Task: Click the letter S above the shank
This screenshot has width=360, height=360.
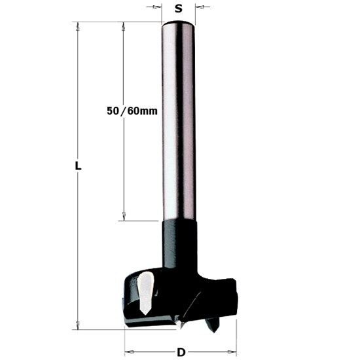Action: click(178, 9)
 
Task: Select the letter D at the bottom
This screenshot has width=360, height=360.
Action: click(181, 352)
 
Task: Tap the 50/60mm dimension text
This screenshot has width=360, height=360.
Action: click(132, 111)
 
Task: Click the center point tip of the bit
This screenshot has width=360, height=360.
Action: click(178, 325)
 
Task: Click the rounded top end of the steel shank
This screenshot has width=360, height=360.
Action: click(179, 25)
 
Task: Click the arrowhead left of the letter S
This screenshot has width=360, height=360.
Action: click(156, 8)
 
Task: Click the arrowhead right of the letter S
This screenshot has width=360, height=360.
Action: click(200, 8)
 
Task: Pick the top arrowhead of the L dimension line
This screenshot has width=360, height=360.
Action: click(78, 26)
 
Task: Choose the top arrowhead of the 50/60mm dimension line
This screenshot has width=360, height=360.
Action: click(123, 26)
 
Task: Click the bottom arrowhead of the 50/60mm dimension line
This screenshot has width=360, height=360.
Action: click(123, 217)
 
